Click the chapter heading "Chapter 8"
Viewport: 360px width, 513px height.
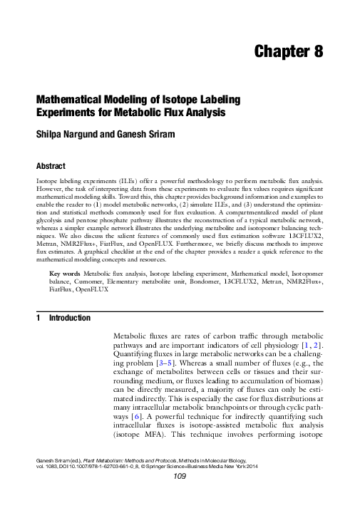coord(289,51)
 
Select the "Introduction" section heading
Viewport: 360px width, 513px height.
coord(69,318)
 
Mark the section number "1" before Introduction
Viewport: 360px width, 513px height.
coord(38,318)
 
